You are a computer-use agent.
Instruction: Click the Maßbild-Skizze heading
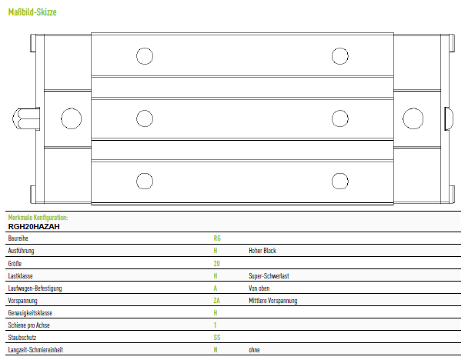coord(32,12)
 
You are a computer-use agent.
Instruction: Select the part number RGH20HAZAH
coord(34,227)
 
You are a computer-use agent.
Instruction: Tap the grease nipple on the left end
coord(26,118)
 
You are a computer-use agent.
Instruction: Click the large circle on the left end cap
coord(71,118)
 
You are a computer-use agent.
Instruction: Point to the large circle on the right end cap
coord(413,118)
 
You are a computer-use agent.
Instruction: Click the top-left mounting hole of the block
coord(145,56)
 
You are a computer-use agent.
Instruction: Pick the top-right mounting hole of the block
coord(340,56)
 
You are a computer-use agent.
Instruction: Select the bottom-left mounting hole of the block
coord(145,181)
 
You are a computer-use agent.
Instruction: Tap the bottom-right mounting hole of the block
coord(340,181)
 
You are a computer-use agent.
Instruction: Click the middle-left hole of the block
coord(145,118)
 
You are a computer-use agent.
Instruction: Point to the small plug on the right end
coord(449,118)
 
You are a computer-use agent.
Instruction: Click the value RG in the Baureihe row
coord(217,238)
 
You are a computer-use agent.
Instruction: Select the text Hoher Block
coord(262,251)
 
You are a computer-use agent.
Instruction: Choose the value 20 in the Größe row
coord(217,264)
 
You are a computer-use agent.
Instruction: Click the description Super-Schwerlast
coord(269,276)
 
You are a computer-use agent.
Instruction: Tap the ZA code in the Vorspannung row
coord(217,301)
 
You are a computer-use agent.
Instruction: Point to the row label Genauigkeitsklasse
coord(30,313)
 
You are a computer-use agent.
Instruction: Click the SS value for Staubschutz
coord(217,338)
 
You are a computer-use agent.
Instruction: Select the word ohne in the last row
coord(254,350)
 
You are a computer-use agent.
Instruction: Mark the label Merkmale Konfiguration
coord(38,218)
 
